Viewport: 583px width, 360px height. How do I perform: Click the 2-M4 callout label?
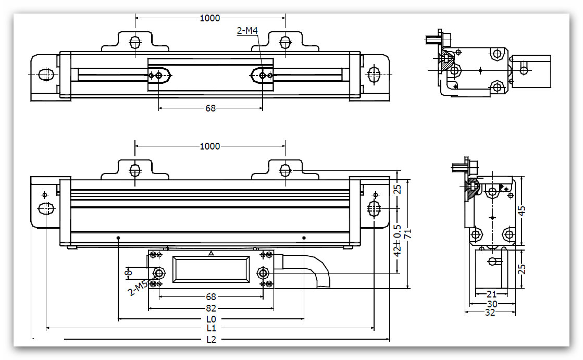pos(247,31)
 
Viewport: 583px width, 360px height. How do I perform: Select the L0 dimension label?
pos(210,319)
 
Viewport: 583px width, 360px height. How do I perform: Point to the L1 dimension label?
pos(210,328)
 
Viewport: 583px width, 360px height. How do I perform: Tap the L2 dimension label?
pos(210,340)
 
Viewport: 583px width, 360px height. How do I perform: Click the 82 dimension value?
pos(210,308)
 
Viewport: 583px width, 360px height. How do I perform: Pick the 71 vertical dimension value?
pos(409,233)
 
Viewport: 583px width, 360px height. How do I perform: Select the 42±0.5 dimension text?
pos(398,240)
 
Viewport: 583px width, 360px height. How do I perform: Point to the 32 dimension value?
pos(490,312)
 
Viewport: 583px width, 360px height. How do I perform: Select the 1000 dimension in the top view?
pos(210,18)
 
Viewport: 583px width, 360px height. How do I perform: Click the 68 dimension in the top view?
pos(210,108)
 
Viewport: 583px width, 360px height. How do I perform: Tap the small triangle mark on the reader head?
pos(210,253)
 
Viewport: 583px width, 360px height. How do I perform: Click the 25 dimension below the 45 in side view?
pos(522,268)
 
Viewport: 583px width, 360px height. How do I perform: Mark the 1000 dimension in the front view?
pos(210,146)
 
